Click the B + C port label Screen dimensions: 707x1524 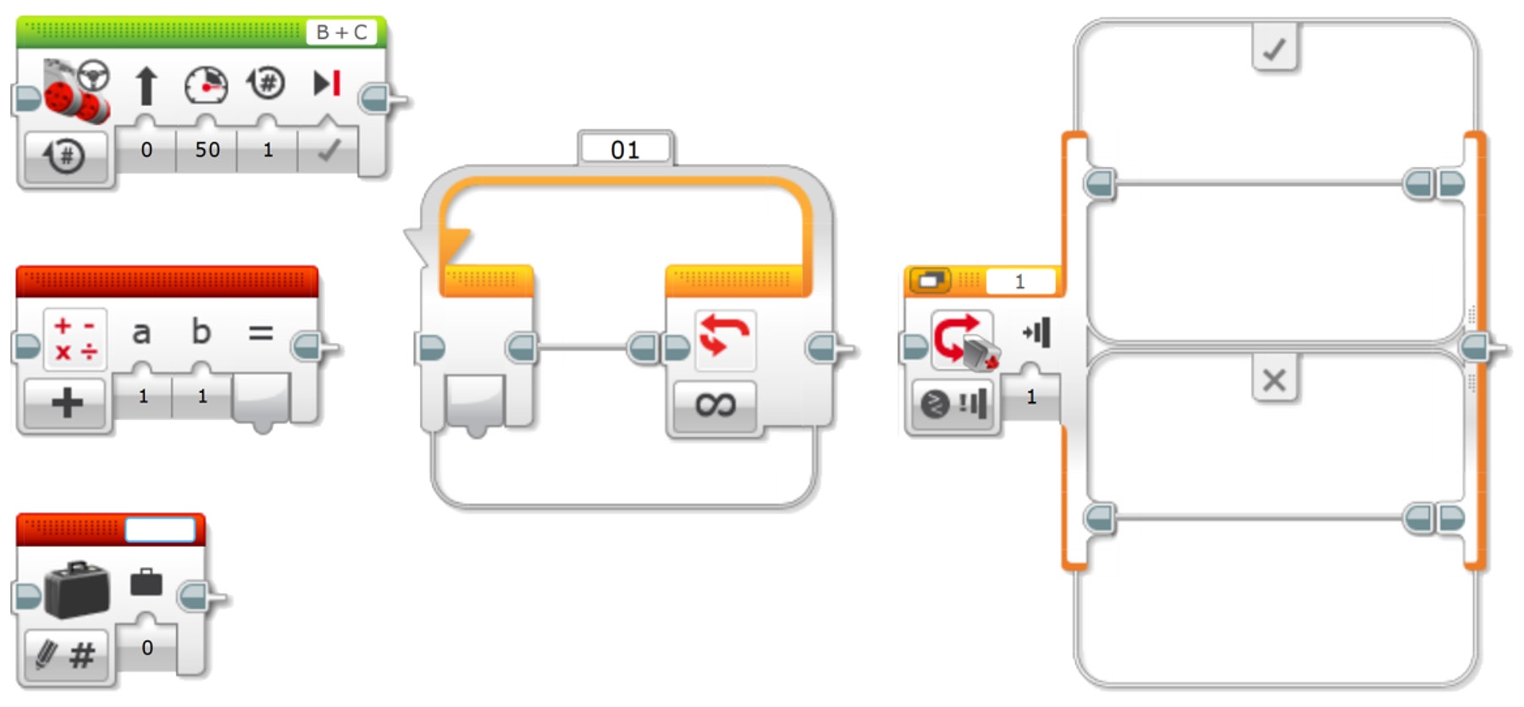[342, 32]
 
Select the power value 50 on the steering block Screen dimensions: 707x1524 [207, 150]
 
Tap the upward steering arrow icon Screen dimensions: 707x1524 [146, 86]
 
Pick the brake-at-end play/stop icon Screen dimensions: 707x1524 [327, 83]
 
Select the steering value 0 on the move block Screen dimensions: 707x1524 [146, 150]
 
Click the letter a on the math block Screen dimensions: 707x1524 [141, 332]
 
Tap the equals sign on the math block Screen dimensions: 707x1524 [260, 333]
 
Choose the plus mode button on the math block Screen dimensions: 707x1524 [67, 402]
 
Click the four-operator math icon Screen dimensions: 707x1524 [75, 339]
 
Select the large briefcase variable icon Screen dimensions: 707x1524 [76, 589]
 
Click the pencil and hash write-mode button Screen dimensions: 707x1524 [66, 655]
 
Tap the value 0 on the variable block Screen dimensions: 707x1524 [147, 648]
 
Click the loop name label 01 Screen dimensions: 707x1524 [625, 150]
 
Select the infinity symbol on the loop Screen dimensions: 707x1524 [715, 405]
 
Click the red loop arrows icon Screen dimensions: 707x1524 [725, 337]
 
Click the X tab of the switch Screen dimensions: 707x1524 [1274, 380]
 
